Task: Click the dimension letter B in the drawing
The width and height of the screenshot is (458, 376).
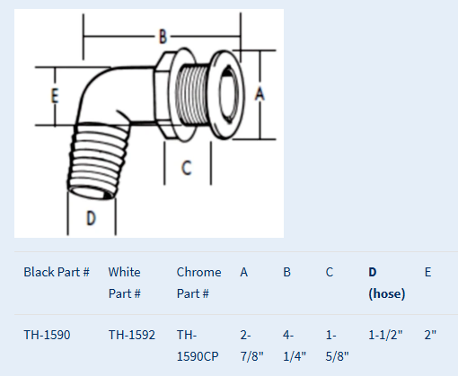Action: pyautogui.click(x=163, y=37)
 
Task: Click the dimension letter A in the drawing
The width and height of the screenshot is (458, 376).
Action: pyautogui.click(x=260, y=93)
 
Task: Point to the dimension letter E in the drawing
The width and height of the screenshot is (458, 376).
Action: pyautogui.click(x=55, y=96)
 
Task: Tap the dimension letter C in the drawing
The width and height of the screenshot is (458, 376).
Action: pyautogui.click(x=186, y=168)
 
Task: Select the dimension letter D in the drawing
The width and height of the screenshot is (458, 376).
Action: pyautogui.click(x=91, y=217)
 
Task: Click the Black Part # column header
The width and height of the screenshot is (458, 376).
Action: pyautogui.click(x=57, y=272)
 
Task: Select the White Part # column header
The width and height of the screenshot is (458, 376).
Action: pyautogui.click(x=124, y=283)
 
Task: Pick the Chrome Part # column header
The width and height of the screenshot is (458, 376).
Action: pyautogui.click(x=198, y=283)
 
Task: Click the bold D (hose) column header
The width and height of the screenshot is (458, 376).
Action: pyautogui.click(x=386, y=283)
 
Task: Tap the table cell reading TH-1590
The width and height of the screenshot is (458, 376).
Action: pyautogui.click(x=47, y=335)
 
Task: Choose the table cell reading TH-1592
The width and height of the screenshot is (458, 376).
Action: pyautogui.click(x=132, y=335)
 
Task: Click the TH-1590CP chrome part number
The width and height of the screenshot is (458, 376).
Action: pyautogui.click(x=198, y=345)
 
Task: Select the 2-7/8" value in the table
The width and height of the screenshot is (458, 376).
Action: pyautogui.click(x=251, y=345)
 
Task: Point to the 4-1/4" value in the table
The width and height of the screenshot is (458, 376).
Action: pyautogui.click(x=295, y=345)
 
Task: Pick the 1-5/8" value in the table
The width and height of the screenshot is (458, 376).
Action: pyautogui.click(x=337, y=345)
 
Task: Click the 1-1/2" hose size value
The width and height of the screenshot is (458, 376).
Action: pyautogui.click(x=385, y=335)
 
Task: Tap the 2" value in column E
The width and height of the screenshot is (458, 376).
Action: pyautogui.click(x=430, y=335)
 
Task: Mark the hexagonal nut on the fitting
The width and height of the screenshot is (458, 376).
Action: pyautogui.click(x=163, y=94)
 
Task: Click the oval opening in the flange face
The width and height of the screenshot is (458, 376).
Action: pyautogui.click(x=228, y=93)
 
